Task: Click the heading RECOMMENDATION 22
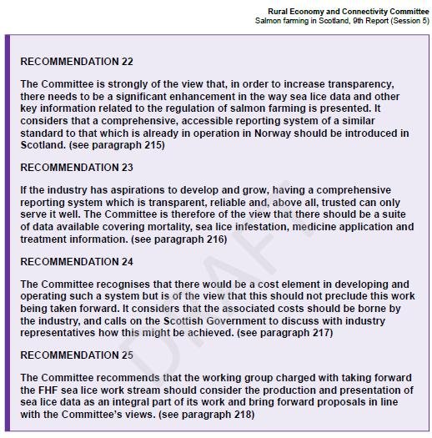pyautogui.click(x=77, y=62)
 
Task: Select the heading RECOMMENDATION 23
pyautogui.click(x=77, y=168)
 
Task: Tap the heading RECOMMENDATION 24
pyautogui.click(x=77, y=261)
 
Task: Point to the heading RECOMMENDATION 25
pyautogui.click(x=77, y=355)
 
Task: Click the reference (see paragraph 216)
pyautogui.click(x=179, y=239)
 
